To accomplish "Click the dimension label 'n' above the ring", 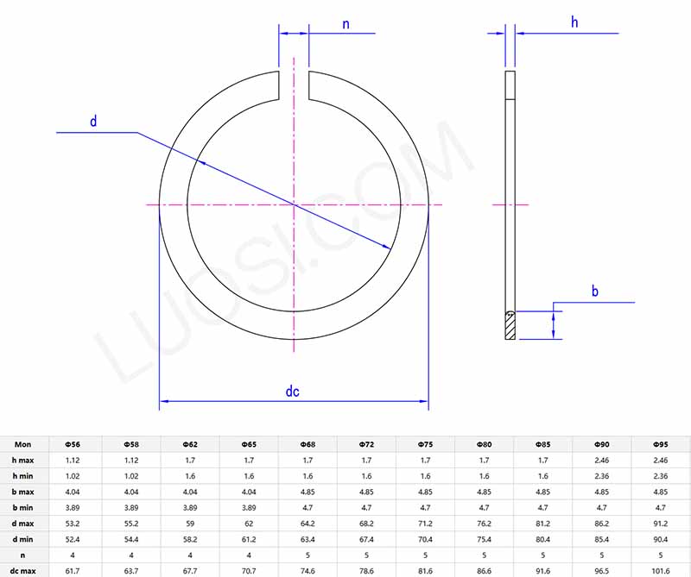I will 345,24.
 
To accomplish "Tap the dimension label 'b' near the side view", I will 595,292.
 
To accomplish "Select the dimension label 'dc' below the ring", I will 293,391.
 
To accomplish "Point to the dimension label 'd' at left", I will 93,122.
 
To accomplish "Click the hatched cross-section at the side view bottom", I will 510,325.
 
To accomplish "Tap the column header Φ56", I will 73,443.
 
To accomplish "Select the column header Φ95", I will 661,443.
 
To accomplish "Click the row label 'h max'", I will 22,460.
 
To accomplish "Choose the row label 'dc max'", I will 22,570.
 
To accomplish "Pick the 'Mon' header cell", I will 22,443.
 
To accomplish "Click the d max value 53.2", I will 73,523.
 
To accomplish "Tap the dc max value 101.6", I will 661,570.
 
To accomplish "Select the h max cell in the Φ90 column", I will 601,460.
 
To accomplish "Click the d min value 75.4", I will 484,539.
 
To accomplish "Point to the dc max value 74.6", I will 307,570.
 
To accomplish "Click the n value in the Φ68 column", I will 307,555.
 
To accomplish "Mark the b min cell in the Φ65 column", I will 249,507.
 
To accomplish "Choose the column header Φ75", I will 425,443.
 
